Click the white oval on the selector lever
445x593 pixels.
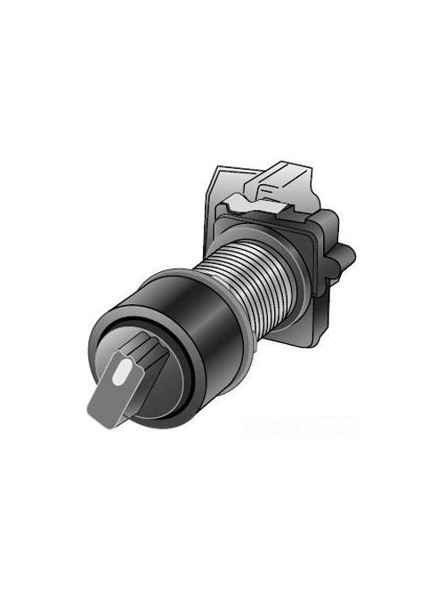point(120,365)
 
